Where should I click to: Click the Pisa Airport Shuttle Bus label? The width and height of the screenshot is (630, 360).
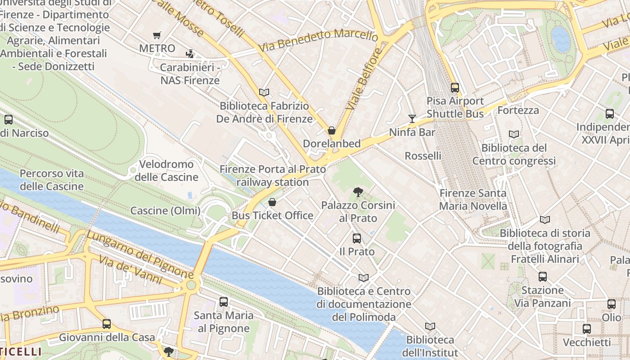coord(455,107)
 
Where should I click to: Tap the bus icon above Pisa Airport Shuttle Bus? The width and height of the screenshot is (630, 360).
coord(455,87)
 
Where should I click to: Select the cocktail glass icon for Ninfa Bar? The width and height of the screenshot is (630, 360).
coord(412,119)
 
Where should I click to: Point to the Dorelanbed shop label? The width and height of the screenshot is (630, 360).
coord(332,144)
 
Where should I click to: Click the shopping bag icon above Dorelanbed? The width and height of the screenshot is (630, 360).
coord(332,130)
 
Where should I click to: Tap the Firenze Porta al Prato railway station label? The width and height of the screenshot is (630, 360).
coord(273,175)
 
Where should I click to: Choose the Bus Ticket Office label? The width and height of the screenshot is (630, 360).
coord(272,216)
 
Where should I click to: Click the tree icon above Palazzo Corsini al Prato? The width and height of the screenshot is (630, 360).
coord(358,193)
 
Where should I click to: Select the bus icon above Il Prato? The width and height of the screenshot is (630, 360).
coord(357,238)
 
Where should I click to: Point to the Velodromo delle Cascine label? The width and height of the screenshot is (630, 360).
coord(166,171)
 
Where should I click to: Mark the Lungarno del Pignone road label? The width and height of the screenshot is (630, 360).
coord(139,254)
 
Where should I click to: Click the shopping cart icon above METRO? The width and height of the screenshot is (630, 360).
coord(157,35)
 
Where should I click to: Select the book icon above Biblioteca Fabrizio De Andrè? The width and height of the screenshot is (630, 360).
coord(264,92)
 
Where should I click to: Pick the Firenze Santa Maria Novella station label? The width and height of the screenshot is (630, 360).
coord(473,199)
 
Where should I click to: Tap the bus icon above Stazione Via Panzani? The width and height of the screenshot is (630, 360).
coord(543,277)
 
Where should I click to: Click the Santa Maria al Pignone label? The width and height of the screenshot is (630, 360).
coord(224,322)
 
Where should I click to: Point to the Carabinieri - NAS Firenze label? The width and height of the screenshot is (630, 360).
coord(190,74)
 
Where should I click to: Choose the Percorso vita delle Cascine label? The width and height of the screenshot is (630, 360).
coord(52,180)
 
